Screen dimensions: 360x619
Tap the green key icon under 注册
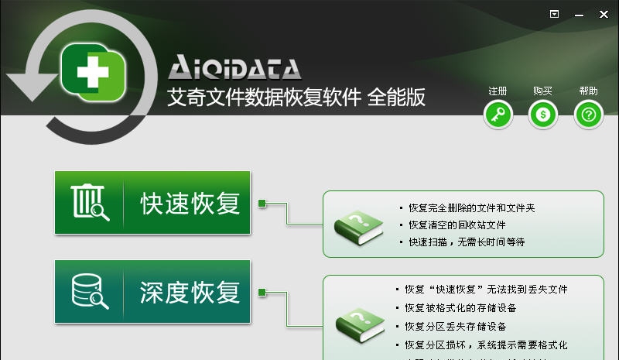[498, 116]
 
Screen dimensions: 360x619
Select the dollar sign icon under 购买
[543, 116]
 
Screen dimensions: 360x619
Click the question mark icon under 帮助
[588, 116]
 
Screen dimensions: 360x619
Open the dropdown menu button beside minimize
[554, 14]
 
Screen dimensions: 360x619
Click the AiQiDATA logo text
[234, 68]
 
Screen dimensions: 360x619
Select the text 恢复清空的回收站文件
[457, 225]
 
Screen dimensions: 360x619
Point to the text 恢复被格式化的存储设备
[460, 307]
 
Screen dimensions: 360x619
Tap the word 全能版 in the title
[396, 98]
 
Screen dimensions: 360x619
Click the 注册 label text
[498, 91]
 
